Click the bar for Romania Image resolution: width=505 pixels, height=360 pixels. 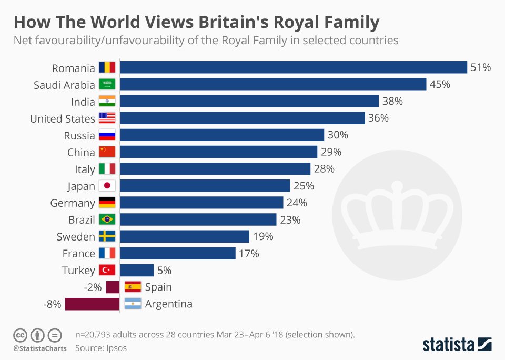pyautogui.click(x=294, y=67)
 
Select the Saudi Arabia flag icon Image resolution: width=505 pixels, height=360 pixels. pyautogui.click(x=107, y=85)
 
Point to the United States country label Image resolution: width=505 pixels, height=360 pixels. pyautogui.click(x=63, y=118)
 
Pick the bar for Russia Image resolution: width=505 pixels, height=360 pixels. pyautogui.click(x=222, y=135)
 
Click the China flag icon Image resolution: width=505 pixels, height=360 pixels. pyautogui.click(x=107, y=152)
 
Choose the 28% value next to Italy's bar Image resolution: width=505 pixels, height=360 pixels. pyautogui.click(x=324, y=169)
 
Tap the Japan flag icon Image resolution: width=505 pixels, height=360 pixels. pyautogui.click(x=107, y=186)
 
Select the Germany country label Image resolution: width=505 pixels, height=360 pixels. pyautogui.click(x=73, y=203)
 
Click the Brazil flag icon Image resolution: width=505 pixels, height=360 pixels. pyautogui.click(x=107, y=219)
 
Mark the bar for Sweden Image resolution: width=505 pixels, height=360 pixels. pyautogui.click(x=185, y=236)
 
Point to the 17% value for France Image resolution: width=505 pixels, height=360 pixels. pyautogui.click(x=249, y=253)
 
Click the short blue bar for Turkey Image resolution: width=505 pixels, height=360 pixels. pyautogui.click(x=137, y=270)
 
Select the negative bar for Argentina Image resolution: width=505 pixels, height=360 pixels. pyautogui.click(x=92, y=304)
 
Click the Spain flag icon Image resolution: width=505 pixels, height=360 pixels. pyautogui.click(x=133, y=287)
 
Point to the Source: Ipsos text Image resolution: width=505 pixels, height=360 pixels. pyautogui.click(x=101, y=348)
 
